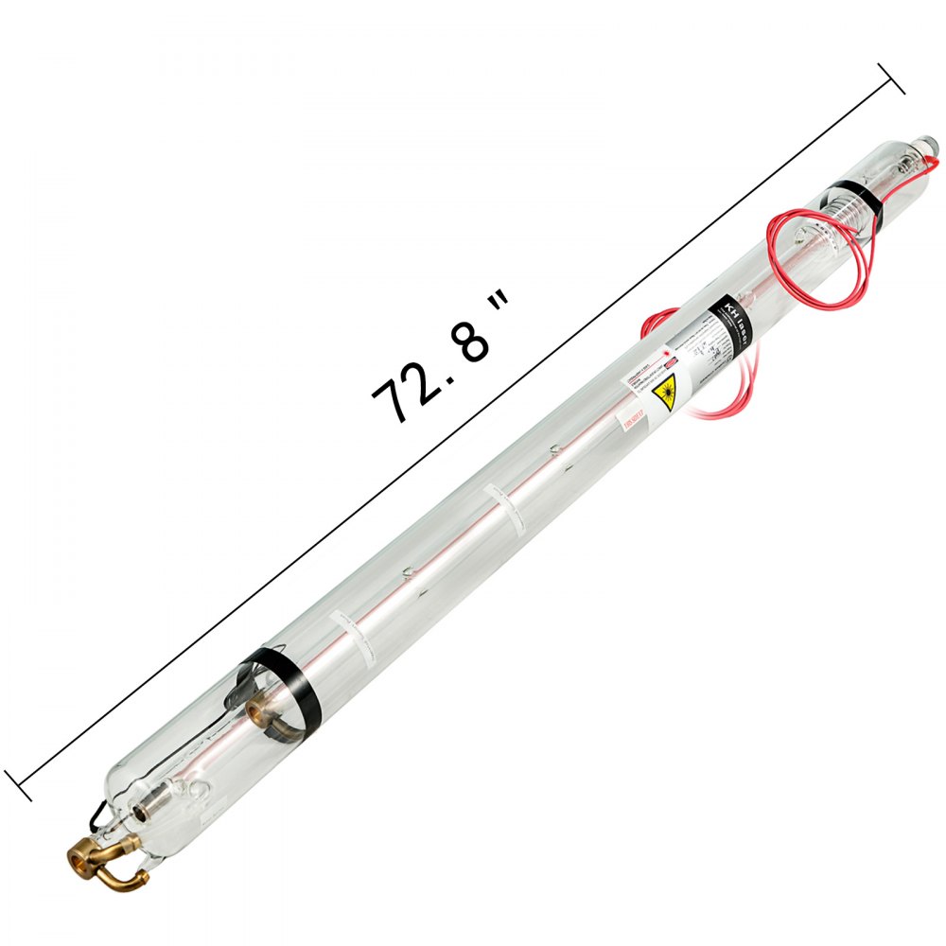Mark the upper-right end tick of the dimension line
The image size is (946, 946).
[891, 79]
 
